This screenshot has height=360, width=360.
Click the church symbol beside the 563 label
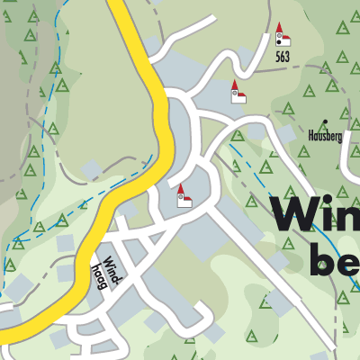[282, 36]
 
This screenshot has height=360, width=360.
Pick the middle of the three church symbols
[238, 93]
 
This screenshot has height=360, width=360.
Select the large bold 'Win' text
[316, 216]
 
